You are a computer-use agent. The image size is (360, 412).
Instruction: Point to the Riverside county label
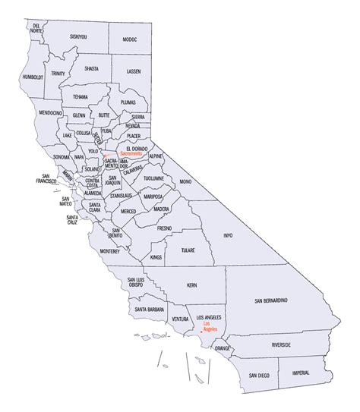(286, 344)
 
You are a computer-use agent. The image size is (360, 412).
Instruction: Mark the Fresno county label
(165, 228)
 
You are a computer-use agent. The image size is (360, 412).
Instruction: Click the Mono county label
(185, 183)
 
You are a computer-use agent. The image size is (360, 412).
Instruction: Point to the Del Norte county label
(36, 29)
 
